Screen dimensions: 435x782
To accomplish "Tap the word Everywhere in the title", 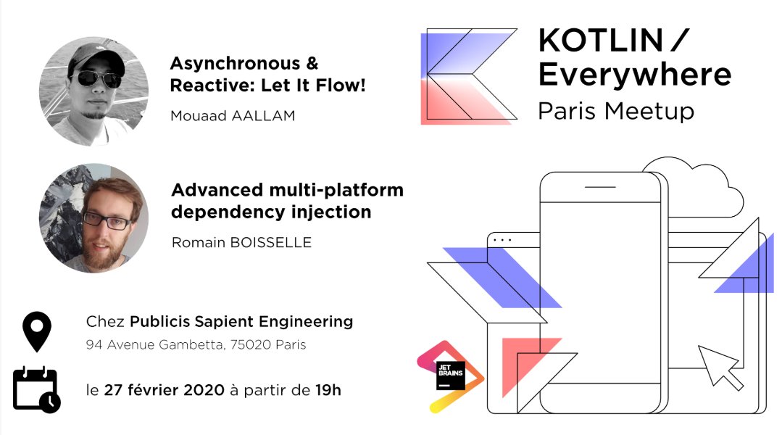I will point(634,75).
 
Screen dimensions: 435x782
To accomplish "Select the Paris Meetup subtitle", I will point(616,111).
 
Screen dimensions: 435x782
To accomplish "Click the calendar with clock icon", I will point(36,389).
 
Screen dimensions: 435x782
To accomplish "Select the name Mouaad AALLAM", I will point(233,115).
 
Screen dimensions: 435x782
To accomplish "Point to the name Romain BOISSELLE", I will point(241,242).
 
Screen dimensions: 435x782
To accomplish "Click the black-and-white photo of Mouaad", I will point(93,92).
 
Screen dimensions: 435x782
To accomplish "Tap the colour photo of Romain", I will point(93,217).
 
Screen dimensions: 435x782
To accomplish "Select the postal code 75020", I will point(251,345).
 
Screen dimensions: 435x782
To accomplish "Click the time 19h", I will point(328,390).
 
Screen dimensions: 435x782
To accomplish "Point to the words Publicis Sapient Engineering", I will point(241,320).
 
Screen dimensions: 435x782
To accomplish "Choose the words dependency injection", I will point(271,212).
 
